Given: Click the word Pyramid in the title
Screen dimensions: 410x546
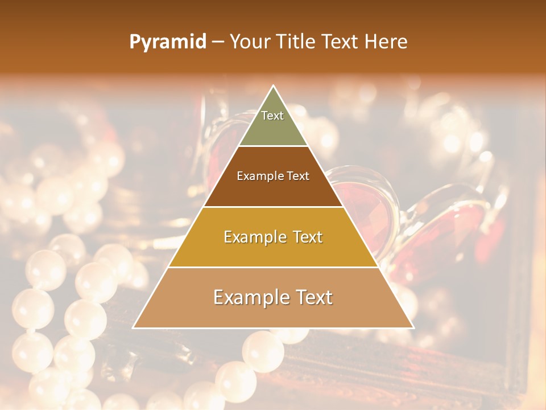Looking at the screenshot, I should tap(167, 42).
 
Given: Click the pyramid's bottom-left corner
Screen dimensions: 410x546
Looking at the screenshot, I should tap(134, 327).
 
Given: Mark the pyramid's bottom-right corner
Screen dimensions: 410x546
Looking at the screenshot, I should tap(413, 327).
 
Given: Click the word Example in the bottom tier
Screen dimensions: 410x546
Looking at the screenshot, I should tap(248, 297).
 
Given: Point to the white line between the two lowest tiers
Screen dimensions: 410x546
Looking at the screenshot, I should tap(273, 267).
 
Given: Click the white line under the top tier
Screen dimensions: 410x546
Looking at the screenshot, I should tap(273, 146).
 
